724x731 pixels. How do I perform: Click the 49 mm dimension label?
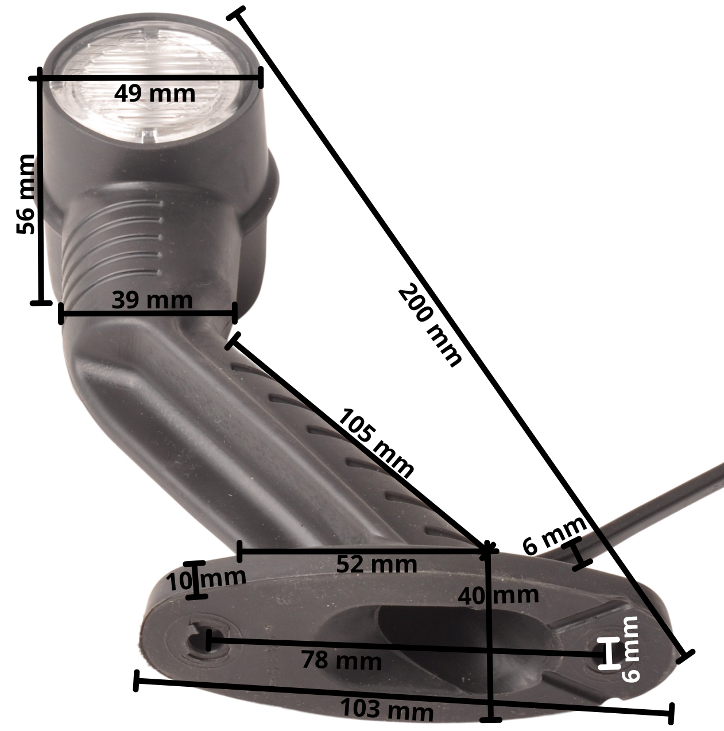(154, 94)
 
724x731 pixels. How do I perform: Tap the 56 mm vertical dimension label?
(26, 194)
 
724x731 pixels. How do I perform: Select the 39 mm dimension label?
(152, 300)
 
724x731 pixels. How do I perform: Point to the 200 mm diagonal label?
(429, 326)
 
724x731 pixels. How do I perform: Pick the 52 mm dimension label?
(377, 564)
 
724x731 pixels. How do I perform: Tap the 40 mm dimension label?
(498, 595)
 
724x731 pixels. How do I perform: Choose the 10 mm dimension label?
(207, 581)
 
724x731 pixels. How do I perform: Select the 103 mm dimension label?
(386, 710)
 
